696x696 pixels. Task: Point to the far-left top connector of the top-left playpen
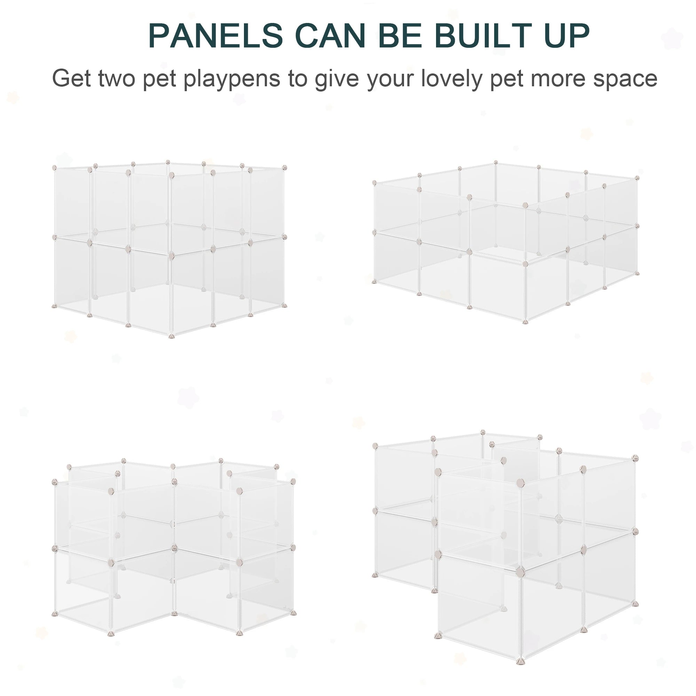pyautogui.click(x=54, y=168)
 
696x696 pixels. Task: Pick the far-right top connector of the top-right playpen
pyautogui.click(x=637, y=178)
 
